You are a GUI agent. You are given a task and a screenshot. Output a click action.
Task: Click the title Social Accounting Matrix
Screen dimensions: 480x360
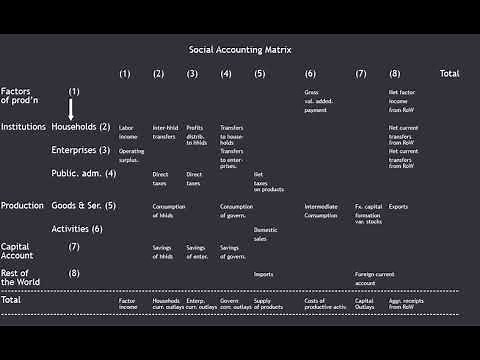tap(240, 49)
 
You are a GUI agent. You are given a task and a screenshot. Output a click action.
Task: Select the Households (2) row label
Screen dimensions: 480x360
tap(81, 127)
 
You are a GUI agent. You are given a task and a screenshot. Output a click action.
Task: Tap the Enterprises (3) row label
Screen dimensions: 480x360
tap(81, 150)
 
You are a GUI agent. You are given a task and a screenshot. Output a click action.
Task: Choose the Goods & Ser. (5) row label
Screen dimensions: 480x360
tap(84, 206)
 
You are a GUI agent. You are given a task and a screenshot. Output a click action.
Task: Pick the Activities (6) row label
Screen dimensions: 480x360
tap(77, 229)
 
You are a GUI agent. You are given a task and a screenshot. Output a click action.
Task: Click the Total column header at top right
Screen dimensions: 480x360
tap(449, 74)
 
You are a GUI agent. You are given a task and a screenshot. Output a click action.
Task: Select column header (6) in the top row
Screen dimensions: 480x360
tap(310, 74)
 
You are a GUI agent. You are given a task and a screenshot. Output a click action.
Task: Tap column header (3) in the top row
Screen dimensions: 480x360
tap(192, 74)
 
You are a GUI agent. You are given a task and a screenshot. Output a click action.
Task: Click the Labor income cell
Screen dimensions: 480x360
tap(126, 132)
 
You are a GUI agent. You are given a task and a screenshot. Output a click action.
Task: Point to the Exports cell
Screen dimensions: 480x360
tap(398, 207)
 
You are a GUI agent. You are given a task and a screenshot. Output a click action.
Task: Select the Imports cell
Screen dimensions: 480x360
tap(263, 274)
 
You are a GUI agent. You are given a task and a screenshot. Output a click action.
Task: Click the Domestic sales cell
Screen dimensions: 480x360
tap(266, 234)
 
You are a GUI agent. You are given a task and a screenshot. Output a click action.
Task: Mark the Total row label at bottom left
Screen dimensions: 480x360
tap(11, 299)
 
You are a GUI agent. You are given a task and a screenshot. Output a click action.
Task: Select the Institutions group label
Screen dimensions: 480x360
tap(23, 127)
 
